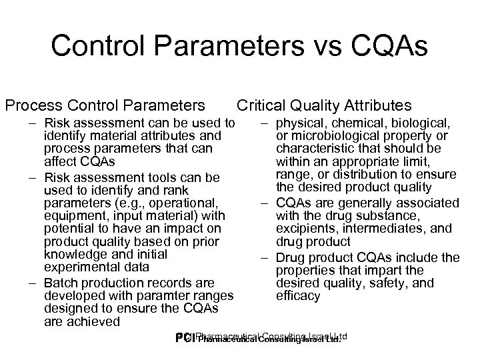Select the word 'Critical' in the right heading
point(261,105)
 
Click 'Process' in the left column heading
point(29,105)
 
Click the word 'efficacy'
point(299,296)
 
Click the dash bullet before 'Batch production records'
point(32,283)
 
